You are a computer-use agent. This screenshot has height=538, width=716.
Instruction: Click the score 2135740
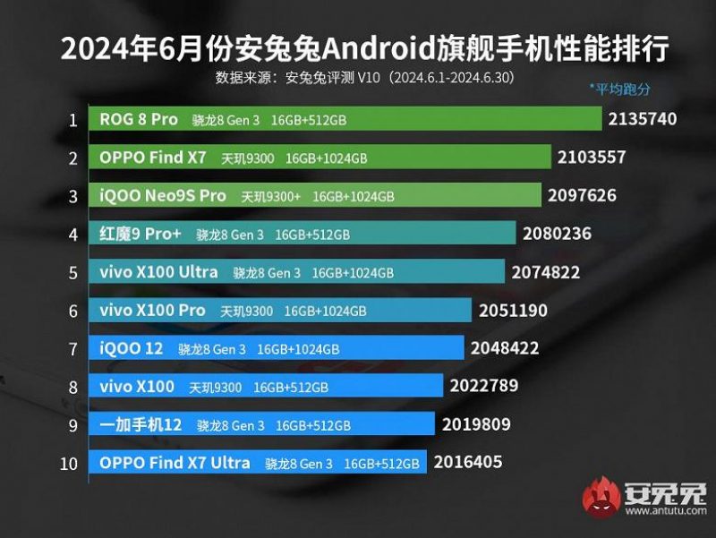pyautogui.click(x=642, y=118)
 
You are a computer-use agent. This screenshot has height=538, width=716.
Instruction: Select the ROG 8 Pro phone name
pyautogui.click(x=139, y=119)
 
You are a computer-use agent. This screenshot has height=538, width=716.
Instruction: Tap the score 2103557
pyautogui.click(x=591, y=157)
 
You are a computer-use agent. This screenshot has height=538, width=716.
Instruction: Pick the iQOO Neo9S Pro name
pyautogui.click(x=163, y=195)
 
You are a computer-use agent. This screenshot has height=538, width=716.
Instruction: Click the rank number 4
pyautogui.click(x=73, y=234)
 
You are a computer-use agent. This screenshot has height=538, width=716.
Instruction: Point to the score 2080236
pyautogui.click(x=557, y=234)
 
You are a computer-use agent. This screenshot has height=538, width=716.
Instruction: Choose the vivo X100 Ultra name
pyautogui.click(x=158, y=272)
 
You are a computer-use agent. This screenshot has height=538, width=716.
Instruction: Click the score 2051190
pyautogui.click(x=511, y=311)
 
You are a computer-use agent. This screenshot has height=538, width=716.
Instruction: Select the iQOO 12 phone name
pyautogui.click(x=132, y=348)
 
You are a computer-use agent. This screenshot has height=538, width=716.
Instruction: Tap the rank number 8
pyautogui.click(x=73, y=387)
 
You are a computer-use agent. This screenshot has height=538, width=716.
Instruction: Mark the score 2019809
pyautogui.click(x=474, y=425)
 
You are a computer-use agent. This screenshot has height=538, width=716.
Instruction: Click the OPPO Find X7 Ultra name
pyautogui.click(x=175, y=463)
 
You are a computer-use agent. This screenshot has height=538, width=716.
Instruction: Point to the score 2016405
pyautogui.click(x=467, y=463)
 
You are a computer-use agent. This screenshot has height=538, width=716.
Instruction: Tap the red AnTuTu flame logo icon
pyautogui.click(x=601, y=497)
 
